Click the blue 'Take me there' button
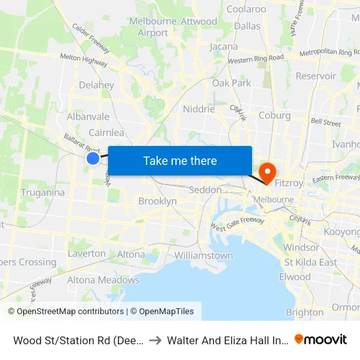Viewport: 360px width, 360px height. (x=180, y=160)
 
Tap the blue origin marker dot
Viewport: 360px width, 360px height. (x=93, y=158)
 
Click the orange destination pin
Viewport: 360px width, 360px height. (x=268, y=173)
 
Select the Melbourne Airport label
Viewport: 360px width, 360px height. (x=149, y=27)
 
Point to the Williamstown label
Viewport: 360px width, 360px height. (x=204, y=255)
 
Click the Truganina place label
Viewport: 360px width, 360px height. (x=43, y=192)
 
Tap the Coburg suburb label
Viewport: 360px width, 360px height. (x=274, y=115)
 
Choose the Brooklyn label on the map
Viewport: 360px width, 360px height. (x=157, y=202)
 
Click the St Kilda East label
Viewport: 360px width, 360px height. (x=311, y=262)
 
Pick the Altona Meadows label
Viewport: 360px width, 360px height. (x=103, y=280)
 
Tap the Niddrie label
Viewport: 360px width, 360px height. (x=199, y=109)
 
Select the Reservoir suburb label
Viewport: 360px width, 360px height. (x=315, y=76)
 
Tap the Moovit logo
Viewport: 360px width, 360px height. (x=321, y=339)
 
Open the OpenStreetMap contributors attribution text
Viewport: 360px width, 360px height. (x=67, y=312)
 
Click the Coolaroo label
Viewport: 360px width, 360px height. (x=246, y=9)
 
